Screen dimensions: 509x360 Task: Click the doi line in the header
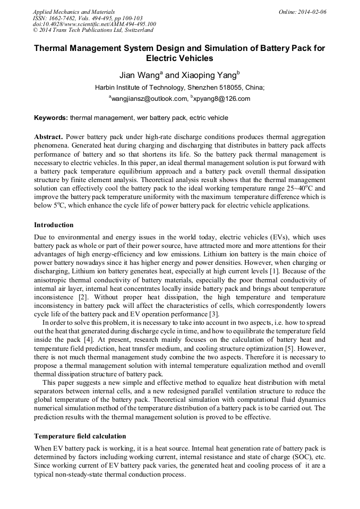pos(94,24)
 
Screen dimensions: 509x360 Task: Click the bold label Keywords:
pos(51,117)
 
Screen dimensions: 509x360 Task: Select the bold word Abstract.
pos(48,136)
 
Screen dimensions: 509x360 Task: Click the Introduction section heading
pos(54,225)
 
